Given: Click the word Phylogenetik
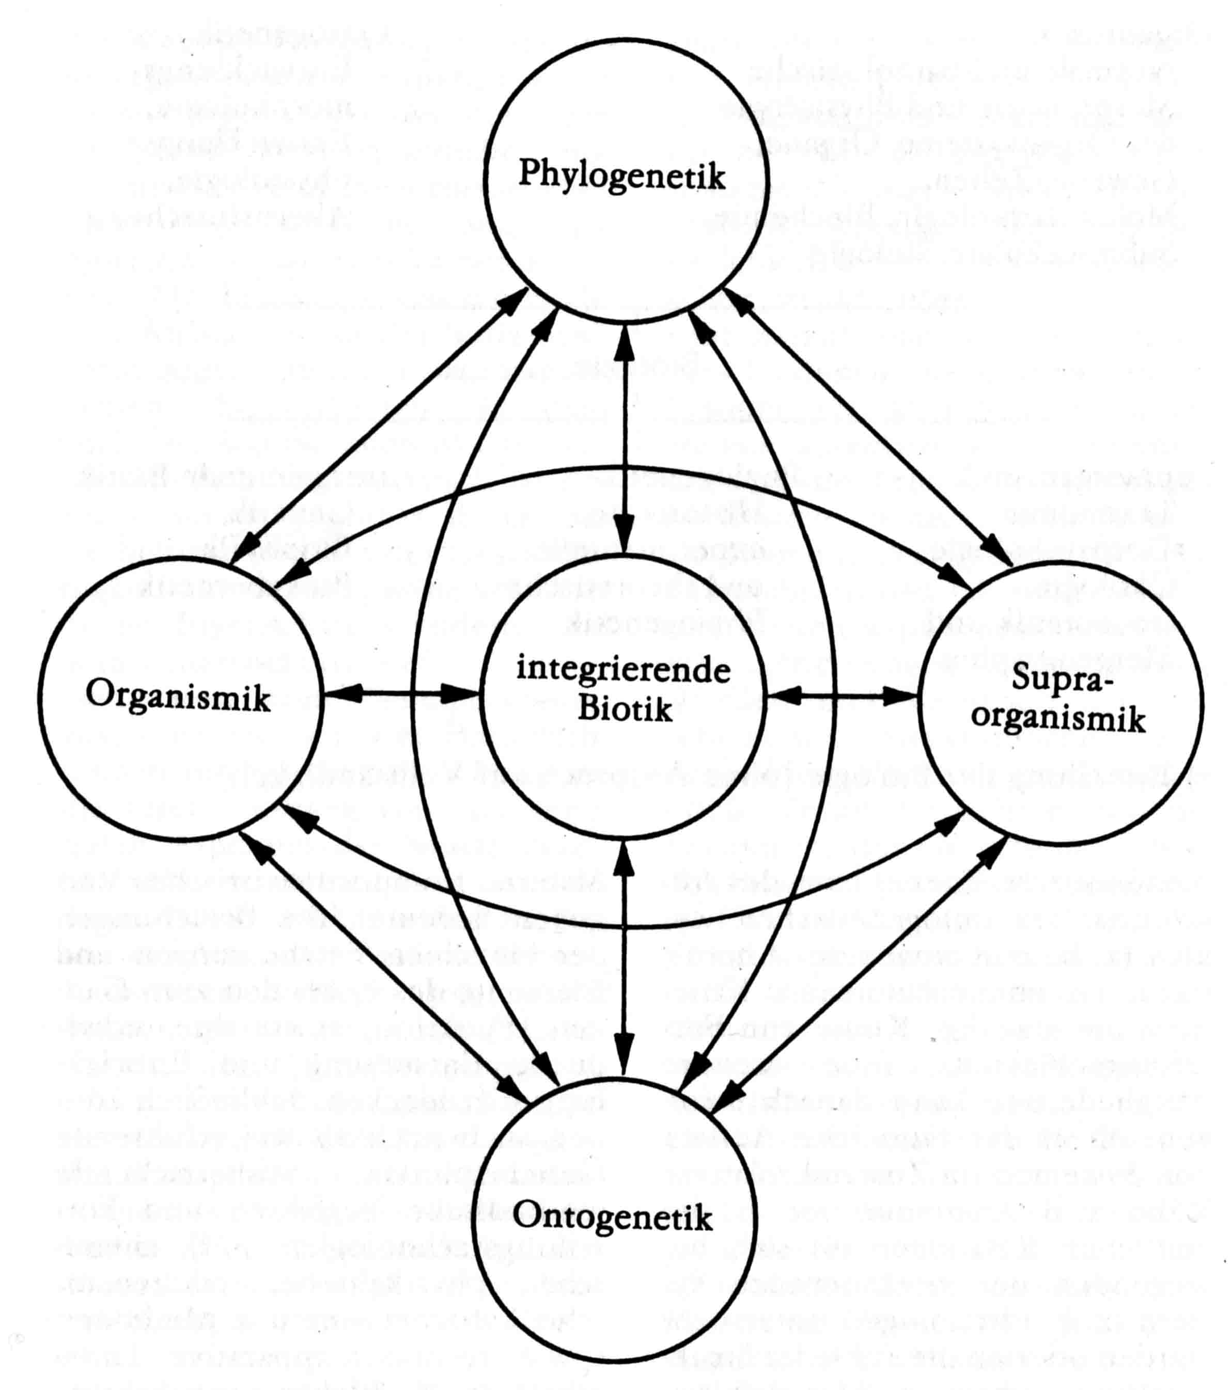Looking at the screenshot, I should tap(621, 175).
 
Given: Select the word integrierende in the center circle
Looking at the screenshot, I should tap(624, 671).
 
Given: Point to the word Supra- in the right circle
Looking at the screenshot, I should tap(1055, 680).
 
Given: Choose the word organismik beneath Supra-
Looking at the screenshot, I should tap(1058, 719).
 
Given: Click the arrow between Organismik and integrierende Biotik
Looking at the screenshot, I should tap(400, 694).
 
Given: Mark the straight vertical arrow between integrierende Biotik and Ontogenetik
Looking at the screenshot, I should tap(624, 952).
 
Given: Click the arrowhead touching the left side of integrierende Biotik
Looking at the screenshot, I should tap(463, 694).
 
